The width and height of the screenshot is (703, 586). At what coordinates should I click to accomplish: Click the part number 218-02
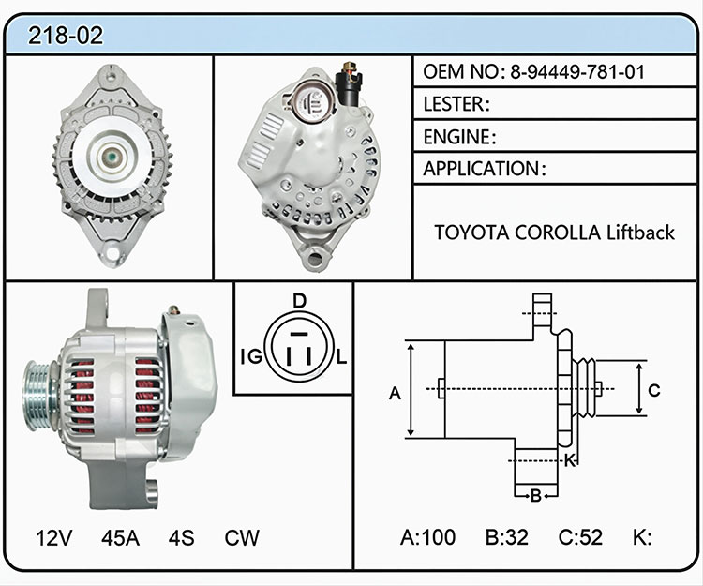coord(66,36)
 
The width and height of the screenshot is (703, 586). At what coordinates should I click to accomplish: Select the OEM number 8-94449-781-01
coord(577,72)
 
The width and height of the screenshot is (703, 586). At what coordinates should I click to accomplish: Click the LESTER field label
coord(456,104)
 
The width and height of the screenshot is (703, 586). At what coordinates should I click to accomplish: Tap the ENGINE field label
coord(459,137)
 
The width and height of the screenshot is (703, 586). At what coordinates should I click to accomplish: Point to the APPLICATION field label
coord(485,169)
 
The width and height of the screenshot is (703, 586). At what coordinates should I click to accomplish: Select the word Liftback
coord(641,233)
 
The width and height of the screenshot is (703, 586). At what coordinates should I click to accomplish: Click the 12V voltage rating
coord(53,537)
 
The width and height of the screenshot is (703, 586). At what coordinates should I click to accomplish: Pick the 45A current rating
coord(120,537)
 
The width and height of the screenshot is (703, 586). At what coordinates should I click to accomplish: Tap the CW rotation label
coord(242,537)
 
